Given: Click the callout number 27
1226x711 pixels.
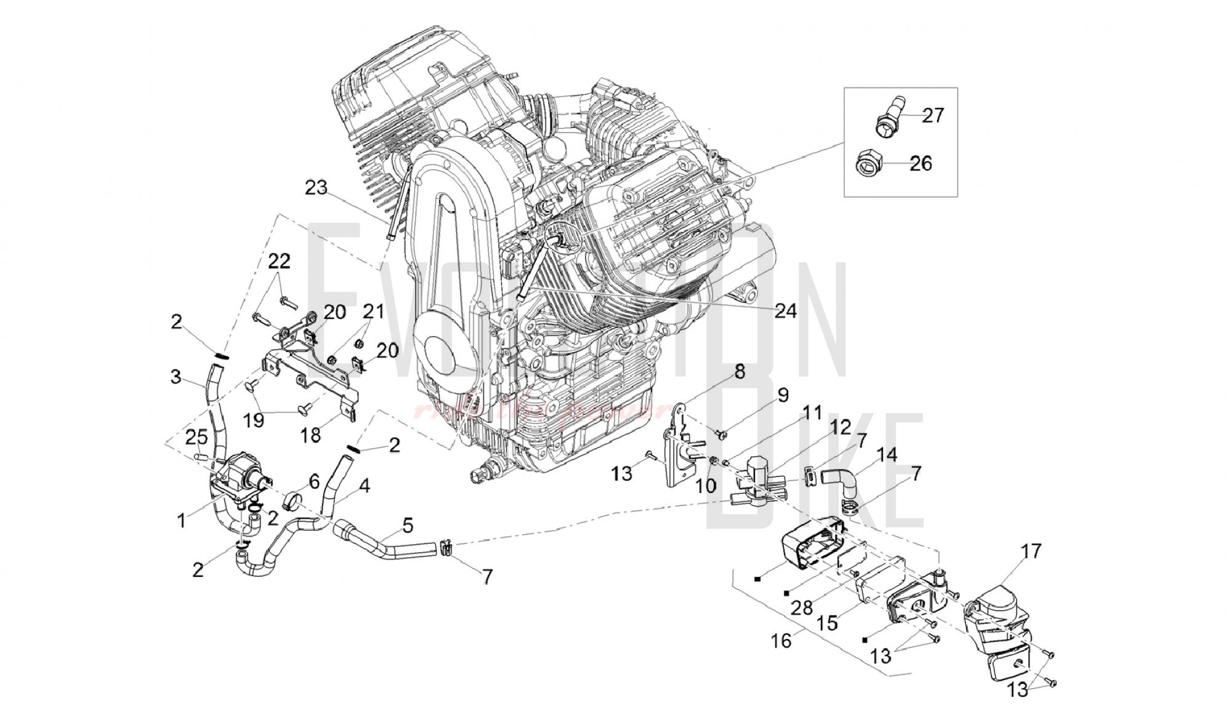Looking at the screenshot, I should (x=932, y=115).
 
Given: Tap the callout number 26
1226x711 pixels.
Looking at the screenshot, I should (x=921, y=163).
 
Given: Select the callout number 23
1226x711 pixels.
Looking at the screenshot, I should (x=317, y=188).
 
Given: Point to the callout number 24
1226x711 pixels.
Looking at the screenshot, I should (x=785, y=311).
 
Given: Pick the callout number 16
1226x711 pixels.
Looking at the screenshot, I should (x=781, y=641).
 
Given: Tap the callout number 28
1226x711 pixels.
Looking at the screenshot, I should (x=802, y=608).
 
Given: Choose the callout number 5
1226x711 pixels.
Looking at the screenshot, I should (x=407, y=526).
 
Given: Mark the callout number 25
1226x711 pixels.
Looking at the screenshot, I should (x=196, y=438).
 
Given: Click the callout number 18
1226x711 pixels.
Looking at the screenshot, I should (x=310, y=435).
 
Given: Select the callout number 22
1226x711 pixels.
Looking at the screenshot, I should (x=278, y=261).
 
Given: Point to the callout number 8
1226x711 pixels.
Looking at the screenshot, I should (x=738, y=371).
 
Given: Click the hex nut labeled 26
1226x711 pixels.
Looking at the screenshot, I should (x=867, y=164).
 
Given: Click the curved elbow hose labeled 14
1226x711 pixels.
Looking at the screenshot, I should (x=839, y=481).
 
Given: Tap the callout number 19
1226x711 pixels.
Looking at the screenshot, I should (x=254, y=420).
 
